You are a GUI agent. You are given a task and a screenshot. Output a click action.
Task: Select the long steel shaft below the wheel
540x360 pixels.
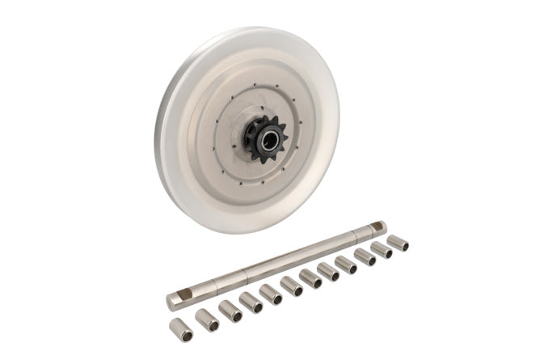[275, 264]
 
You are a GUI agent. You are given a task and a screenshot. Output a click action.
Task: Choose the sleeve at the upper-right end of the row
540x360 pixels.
[397, 242]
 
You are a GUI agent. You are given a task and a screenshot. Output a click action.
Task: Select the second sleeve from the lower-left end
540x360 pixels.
[207, 320]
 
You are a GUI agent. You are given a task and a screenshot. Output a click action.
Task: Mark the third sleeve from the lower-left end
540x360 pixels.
[230, 311]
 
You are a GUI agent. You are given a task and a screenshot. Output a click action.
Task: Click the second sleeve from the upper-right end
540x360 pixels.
[382, 249]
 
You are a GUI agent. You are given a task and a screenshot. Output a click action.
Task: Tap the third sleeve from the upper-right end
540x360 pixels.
[365, 256]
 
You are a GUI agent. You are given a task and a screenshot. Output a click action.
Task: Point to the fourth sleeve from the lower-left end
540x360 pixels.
[251, 303]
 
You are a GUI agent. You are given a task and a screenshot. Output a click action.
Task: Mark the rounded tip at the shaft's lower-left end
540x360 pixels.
[171, 303]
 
